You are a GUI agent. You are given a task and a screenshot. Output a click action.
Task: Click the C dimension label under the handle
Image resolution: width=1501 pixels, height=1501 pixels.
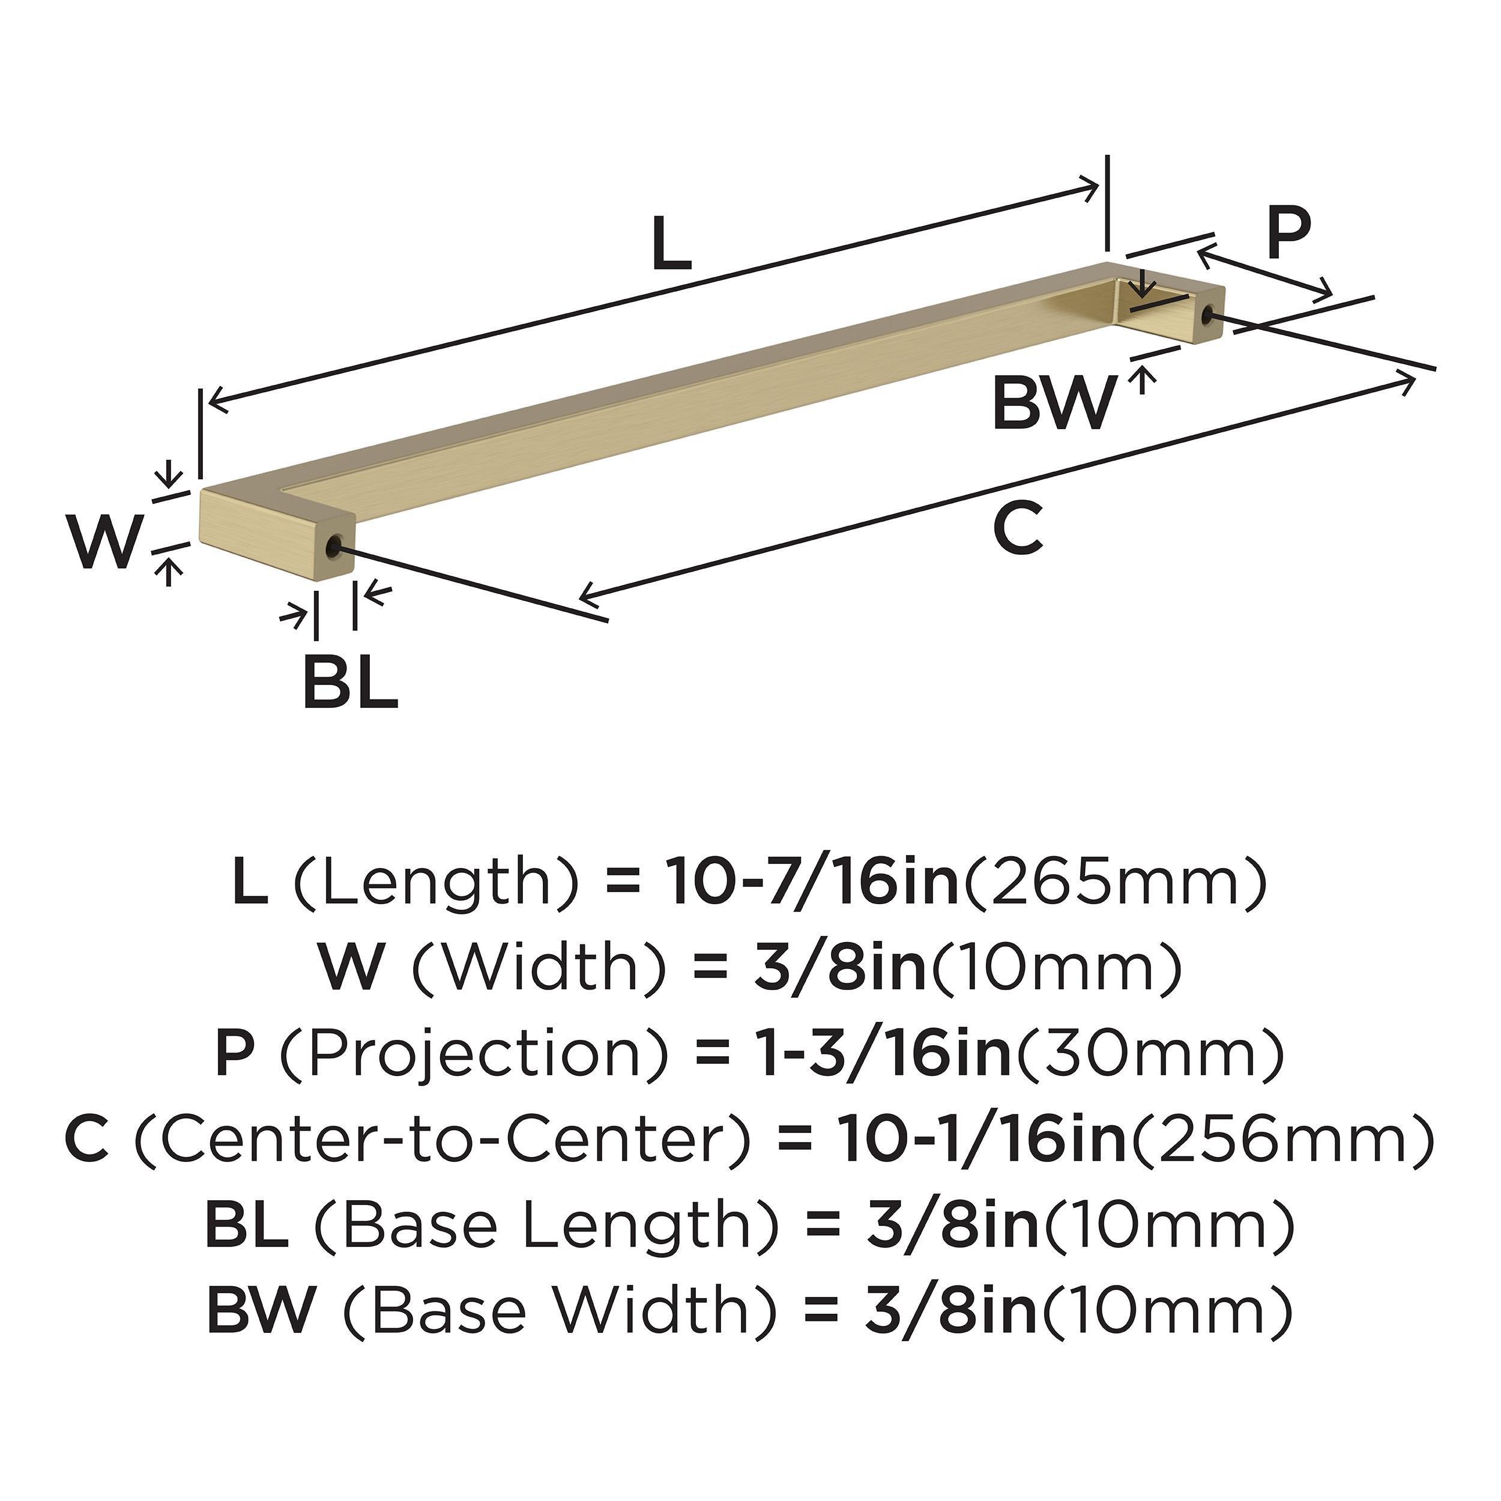pos(1017,528)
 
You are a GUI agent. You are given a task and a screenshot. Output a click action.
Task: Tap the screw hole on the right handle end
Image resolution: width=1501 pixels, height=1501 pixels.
pos(1207,315)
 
